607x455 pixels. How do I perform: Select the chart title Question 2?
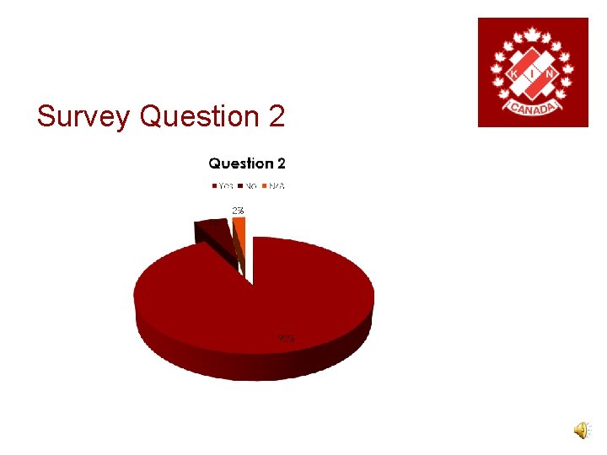pyautogui.click(x=247, y=163)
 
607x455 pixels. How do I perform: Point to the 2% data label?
pyautogui.click(x=239, y=210)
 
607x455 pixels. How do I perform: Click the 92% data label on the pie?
pyautogui.click(x=287, y=339)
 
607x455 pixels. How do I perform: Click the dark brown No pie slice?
pyautogui.click(x=212, y=229)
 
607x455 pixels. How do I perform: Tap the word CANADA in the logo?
pyautogui.click(x=532, y=110)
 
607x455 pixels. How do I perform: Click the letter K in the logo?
pyautogui.click(x=514, y=74)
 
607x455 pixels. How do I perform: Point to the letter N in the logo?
pyautogui.click(x=551, y=74)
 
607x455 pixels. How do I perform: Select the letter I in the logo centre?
pyautogui.click(x=533, y=74)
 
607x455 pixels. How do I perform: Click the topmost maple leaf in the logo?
pyautogui.click(x=533, y=35)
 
